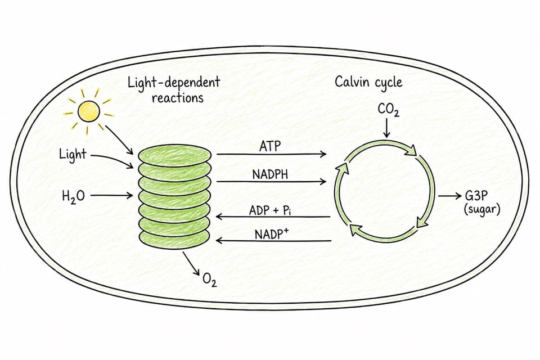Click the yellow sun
pyautogui.click(x=89, y=111)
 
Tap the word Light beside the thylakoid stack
pyautogui.click(x=73, y=154)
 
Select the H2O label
pyautogui.click(x=73, y=196)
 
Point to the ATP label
pyautogui.click(x=270, y=146)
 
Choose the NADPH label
pyautogui.click(x=270, y=174)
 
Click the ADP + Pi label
pyautogui.click(x=271, y=210)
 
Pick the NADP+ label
pyautogui.click(x=272, y=234)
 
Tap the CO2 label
pyautogui.click(x=389, y=110)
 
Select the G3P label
pyautogui.click(x=476, y=196)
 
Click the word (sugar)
pyautogui.click(x=482, y=209)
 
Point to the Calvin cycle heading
pyautogui.click(x=368, y=82)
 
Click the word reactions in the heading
pyautogui.click(x=178, y=98)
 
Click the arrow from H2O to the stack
pyautogui.click(x=111, y=196)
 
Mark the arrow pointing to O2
pyautogui.click(x=191, y=264)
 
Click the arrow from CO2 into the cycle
pyautogui.click(x=387, y=128)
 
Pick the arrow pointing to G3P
pyautogui.click(x=450, y=196)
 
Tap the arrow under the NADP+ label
pyautogui.click(x=273, y=240)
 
